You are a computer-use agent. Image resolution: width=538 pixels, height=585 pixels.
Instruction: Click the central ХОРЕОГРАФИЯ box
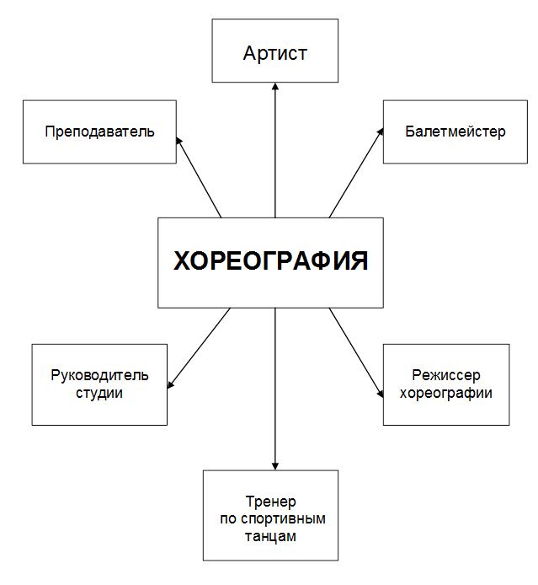point(270,263)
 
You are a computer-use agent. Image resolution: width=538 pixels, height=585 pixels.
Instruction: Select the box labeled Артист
point(275,51)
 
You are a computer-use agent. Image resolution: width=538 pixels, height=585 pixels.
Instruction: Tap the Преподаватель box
point(99,131)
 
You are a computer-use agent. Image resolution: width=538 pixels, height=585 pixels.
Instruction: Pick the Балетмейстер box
point(455,131)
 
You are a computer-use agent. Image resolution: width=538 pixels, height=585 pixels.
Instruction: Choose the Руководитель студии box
point(99,384)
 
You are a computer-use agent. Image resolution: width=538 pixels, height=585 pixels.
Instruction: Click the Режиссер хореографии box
point(446,384)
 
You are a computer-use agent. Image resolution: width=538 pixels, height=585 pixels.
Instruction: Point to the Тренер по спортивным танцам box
point(270,515)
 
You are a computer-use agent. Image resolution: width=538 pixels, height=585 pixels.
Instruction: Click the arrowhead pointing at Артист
point(275,86)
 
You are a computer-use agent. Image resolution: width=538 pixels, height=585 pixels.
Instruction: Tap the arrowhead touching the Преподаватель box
point(178,141)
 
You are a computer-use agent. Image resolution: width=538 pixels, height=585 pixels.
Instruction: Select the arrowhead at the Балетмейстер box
point(380,131)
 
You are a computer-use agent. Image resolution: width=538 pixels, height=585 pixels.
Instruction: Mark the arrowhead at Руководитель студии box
point(171,384)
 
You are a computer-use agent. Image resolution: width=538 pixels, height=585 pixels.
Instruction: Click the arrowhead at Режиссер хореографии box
point(380,394)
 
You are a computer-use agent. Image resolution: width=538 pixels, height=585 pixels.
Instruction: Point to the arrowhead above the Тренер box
point(275,466)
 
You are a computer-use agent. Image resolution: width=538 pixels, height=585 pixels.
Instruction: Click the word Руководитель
point(99,375)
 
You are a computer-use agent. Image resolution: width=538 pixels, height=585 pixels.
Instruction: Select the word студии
point(99,394)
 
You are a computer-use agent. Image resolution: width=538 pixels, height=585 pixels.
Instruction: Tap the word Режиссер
point(446,375)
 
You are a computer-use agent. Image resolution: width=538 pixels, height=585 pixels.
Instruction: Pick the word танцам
point(270,536)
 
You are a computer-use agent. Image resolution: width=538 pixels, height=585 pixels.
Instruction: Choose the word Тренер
point(271,501)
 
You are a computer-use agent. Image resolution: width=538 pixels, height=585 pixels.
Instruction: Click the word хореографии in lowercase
point(446,394)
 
